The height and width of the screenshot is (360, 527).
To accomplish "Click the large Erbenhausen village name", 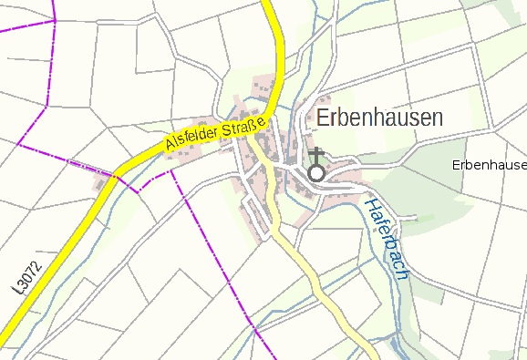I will [379, 118].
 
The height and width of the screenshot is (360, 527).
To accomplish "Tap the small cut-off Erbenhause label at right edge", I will [490, 165].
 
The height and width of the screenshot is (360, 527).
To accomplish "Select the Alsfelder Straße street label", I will [216, 133].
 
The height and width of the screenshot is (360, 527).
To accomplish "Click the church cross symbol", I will [316, 154].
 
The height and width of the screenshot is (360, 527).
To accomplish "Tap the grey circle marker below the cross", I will [316, 172].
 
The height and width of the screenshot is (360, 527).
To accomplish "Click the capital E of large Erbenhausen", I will [323, 118].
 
